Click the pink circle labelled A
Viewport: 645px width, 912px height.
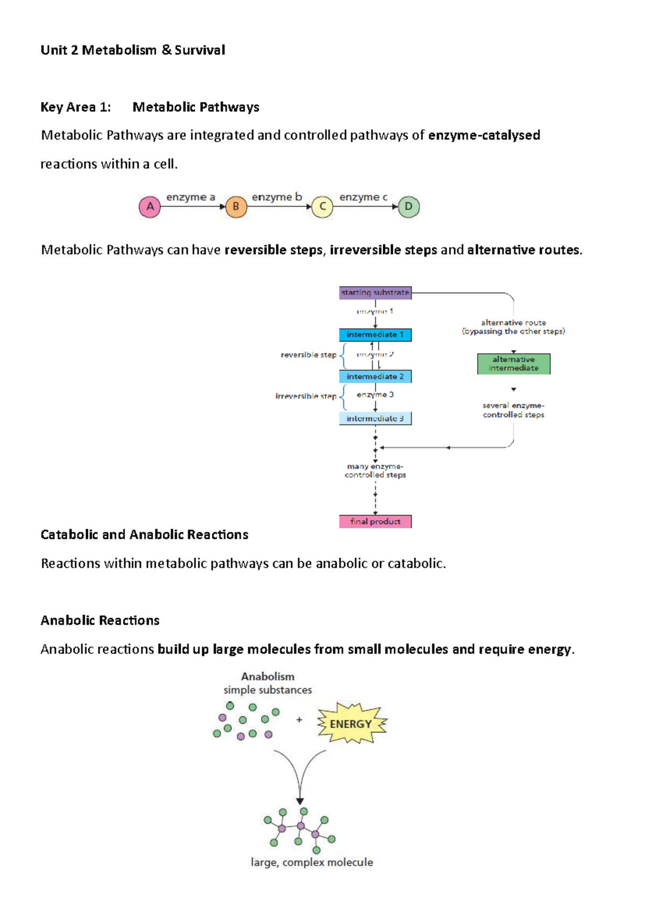tap(150, 206)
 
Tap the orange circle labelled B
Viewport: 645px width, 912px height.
tap(236, 206)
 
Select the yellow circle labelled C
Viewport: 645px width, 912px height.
tap(322, 206)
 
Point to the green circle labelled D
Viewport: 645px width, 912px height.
tap(408, 206)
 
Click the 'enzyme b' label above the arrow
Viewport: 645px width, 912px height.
tap(277, 197)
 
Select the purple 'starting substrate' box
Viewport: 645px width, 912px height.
tap(375, 293)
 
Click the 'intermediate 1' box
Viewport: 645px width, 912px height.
tap(375, 334)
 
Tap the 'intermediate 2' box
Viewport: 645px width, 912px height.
tap(375, 376)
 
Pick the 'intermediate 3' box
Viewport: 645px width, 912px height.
tap(375, 418)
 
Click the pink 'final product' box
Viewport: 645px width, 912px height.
tap(375, 522)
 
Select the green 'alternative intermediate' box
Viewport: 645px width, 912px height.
tap(513, 364)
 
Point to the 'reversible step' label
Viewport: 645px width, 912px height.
tap(308, 355)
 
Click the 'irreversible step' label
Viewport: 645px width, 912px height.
tap(306, 396)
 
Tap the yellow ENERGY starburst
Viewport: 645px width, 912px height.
tap(351, 724)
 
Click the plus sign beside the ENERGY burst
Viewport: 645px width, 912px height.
tap(299, 719)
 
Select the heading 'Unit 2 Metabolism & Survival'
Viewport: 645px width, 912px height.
tap(133, 51)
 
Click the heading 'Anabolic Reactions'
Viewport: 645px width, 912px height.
tap(100, 621)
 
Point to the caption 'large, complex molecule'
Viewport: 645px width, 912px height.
tap(312, 863)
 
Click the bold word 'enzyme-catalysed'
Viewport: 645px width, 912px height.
tap(484, 135)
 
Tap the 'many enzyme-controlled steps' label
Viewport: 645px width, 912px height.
tap(375, 471)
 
